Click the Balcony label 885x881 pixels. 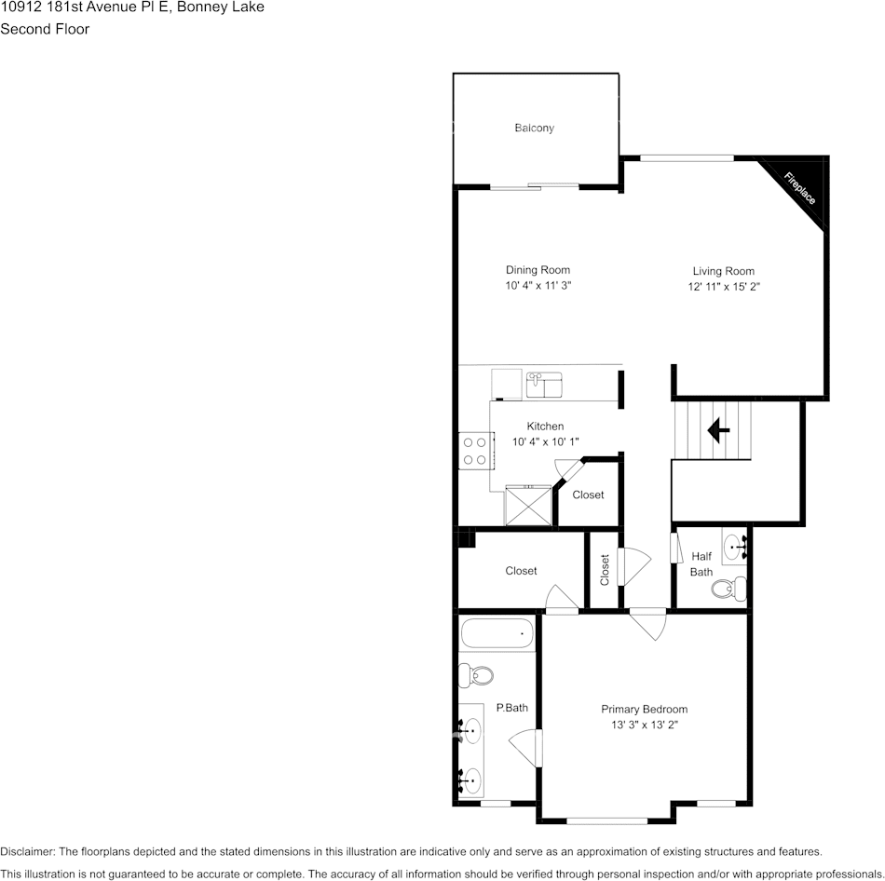coord(535,128)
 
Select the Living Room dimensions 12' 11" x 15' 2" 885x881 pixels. coord(724,287)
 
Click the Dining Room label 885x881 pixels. coord(538,270)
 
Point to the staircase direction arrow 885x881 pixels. coord(717,429)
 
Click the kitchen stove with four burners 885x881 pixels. coord(474,451)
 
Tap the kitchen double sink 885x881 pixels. coord(544,383)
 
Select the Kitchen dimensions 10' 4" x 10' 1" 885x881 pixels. coord(545,441)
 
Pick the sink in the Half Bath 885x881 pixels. coord(735,547)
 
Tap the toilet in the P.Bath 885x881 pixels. coord(478,674)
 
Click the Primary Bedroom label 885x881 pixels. coord(644,709)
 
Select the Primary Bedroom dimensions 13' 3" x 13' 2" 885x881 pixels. coord(644,725)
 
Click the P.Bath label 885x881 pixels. coord(511,708)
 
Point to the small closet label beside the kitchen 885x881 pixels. coord(588,495)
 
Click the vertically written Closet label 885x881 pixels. coord(605,569)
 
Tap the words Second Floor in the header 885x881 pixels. coord(45,29)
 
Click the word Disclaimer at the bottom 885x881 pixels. coord(28,851)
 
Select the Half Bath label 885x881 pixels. coord(701,564)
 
